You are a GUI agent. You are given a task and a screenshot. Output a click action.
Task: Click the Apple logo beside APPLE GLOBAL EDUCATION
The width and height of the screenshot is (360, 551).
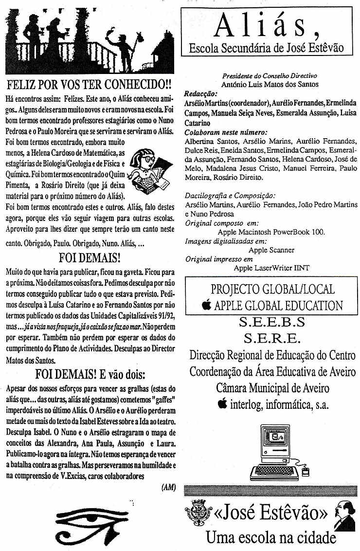206,306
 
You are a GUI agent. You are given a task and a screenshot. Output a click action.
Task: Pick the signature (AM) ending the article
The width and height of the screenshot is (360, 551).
167,487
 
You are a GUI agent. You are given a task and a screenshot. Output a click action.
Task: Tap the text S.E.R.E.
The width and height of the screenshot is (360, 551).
271,338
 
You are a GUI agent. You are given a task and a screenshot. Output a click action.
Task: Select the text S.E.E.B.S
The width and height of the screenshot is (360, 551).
272,322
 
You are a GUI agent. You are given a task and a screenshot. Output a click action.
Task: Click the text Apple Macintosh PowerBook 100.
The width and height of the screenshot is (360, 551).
271,232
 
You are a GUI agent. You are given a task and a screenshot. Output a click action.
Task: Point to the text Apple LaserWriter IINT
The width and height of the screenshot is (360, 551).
271,268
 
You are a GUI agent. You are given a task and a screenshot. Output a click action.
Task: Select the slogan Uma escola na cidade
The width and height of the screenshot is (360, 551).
271,538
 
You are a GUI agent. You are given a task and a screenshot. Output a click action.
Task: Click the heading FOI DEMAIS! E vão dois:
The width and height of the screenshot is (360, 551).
90,374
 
